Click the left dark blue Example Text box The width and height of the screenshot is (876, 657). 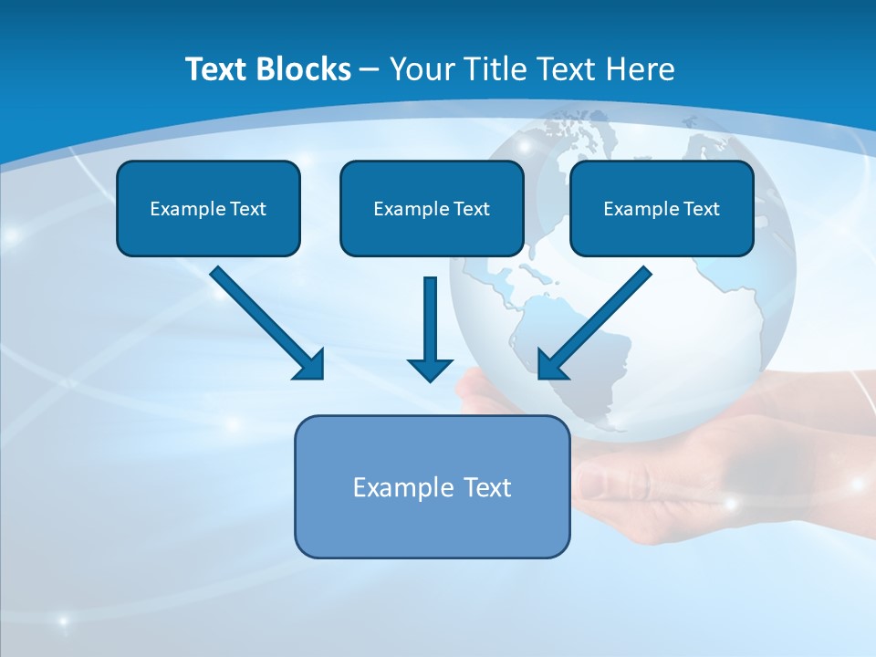coord(208,208)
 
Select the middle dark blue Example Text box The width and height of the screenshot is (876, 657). coord(432,208)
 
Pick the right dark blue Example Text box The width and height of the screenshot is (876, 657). coord(662,208)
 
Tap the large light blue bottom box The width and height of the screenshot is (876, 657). coord(432,487)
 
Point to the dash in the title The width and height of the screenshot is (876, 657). coord(370,69)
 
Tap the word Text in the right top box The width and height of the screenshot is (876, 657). coord(701,209)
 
